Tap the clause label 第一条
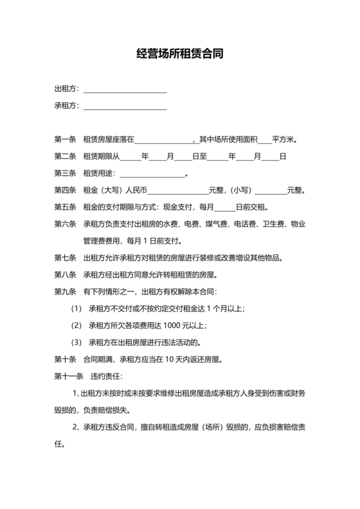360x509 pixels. coord(66,139)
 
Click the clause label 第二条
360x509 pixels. coord(66,156)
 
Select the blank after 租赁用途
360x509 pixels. coord(152,174)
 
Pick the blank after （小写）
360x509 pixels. coord(271,191)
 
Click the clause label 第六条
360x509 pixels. coord(66,225)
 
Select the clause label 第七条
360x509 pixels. coord(66,258)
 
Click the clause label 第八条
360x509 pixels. coord(66,275)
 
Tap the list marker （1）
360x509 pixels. coord(76,308)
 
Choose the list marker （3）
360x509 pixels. coord(76,342)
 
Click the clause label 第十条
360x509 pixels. coord(66,359)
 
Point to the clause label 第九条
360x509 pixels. coord(66,292)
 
